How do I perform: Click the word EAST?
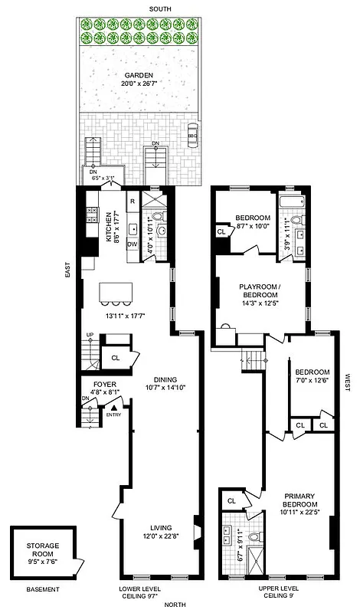pyautogui.click(x=68, y=269)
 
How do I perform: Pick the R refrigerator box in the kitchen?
pyautogui.click(x=133, y=202)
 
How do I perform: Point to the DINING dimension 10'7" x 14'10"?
pyautogui.click(x=165, y=388)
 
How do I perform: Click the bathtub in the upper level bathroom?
pyautogui.click(x=293, y=203)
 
